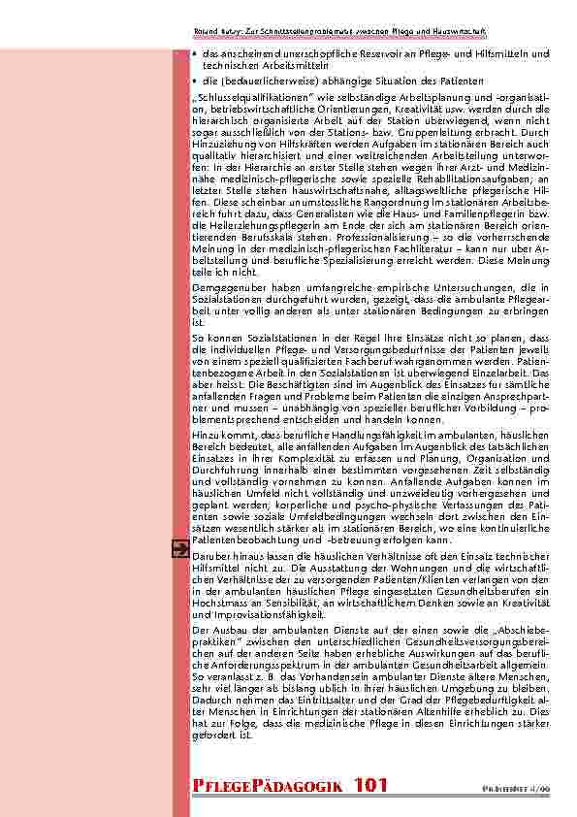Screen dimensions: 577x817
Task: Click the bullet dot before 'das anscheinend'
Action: pyautogui.click(x=196, y=53)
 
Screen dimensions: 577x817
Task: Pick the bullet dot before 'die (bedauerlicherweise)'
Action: pyautogui.click(x=196, y=81)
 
